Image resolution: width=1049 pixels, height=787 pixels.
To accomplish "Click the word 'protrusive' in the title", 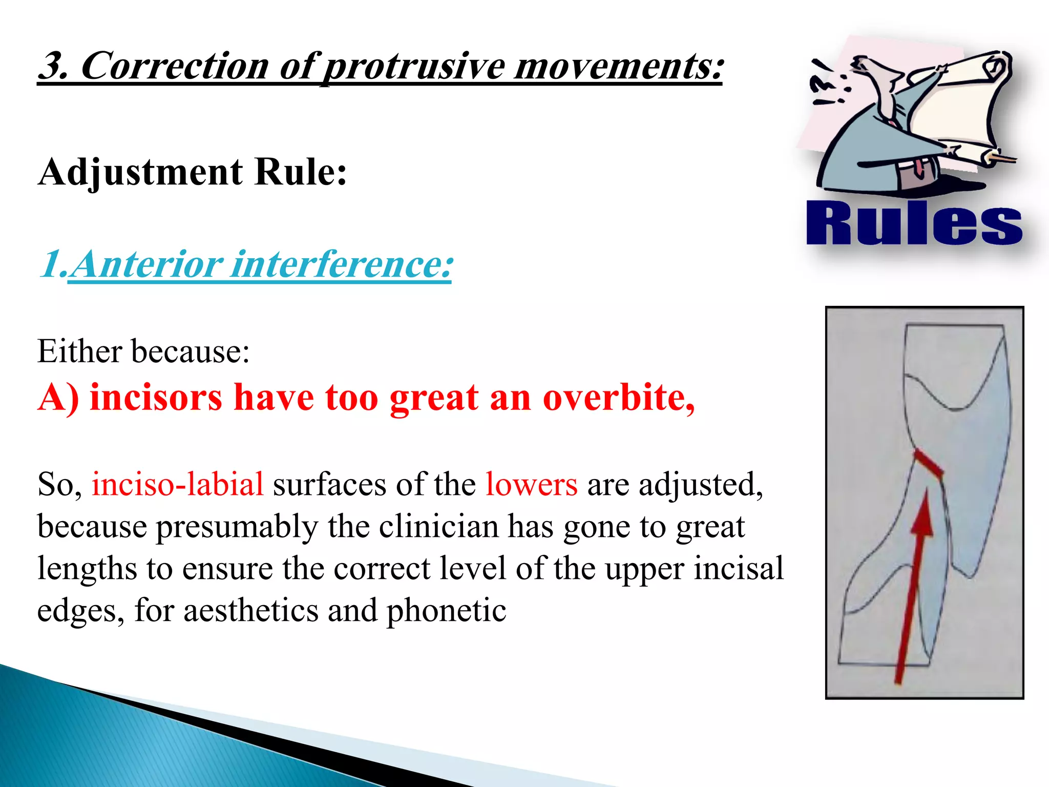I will pyautogui.click(x=414, y=67).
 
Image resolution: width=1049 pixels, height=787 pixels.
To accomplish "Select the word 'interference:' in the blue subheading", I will pyautogui.click(x=342, y=265).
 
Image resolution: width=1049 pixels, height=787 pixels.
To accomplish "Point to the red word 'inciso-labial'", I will pyautogui.click(x=178, y=484).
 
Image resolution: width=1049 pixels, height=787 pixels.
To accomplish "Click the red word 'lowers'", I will pyautogui.click(x=531, y=484).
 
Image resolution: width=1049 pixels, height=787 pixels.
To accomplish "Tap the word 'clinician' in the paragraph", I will pyautogui.click(x=438, y=527).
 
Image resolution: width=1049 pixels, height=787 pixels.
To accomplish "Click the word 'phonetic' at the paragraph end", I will pyautogui.click(x=446, y=611).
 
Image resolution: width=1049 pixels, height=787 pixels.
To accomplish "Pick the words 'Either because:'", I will pyautogui.click(x=143, y=352).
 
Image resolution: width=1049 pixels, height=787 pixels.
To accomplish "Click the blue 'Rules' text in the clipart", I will pyautogui.click(x=914, y=224).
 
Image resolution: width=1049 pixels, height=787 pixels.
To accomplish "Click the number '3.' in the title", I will pyautogui.click(x=54, y=67).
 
